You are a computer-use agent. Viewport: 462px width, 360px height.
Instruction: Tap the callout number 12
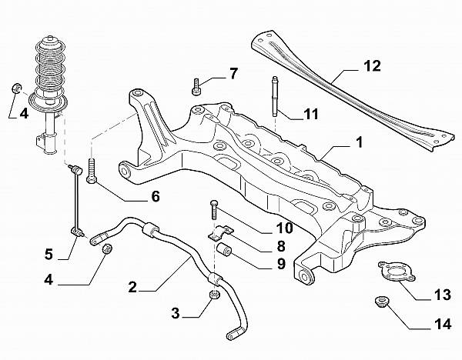coord(372,67)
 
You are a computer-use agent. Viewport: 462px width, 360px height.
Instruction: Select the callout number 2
coord(132,288)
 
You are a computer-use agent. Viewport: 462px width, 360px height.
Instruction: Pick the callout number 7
coord(233,74)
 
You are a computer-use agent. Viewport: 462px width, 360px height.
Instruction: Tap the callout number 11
coord(310,115)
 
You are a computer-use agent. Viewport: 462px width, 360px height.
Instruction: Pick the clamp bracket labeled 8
coord(220,232)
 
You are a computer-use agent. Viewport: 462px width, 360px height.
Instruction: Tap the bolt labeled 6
coord(92,172)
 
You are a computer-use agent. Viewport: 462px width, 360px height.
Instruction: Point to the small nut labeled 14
coord(379,300)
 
